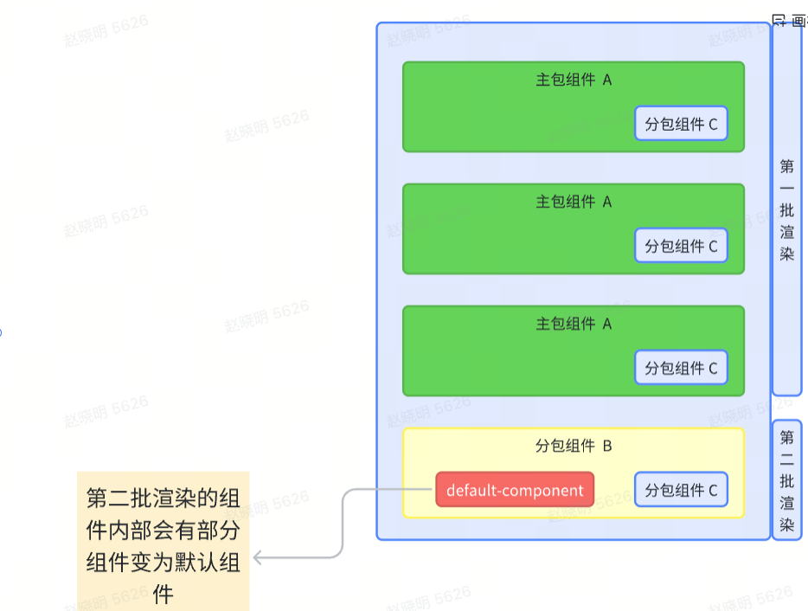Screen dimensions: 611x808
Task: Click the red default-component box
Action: [515, 490]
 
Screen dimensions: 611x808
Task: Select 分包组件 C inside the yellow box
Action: [681, 490]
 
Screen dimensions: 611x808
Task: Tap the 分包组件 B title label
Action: [574, 447]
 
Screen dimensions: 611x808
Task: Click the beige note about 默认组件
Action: [163, 541]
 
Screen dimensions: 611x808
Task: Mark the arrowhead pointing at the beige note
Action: [258, 558]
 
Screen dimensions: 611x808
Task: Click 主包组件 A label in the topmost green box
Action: [574, 80]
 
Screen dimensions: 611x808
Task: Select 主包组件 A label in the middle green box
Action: [574, 202]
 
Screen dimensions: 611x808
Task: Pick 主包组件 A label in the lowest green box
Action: [574, 324]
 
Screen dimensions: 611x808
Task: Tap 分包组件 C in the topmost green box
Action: [681, 124]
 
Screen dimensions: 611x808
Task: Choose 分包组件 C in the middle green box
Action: [681, 246]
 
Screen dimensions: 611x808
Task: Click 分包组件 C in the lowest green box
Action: [681, 368]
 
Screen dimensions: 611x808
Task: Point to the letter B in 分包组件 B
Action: [606, 447]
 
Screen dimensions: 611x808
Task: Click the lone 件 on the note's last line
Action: [163, 594]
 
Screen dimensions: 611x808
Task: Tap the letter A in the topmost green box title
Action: [606, 80]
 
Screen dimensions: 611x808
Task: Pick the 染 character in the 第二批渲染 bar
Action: [786, 524]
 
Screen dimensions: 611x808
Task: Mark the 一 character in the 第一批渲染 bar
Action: [786, 188]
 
